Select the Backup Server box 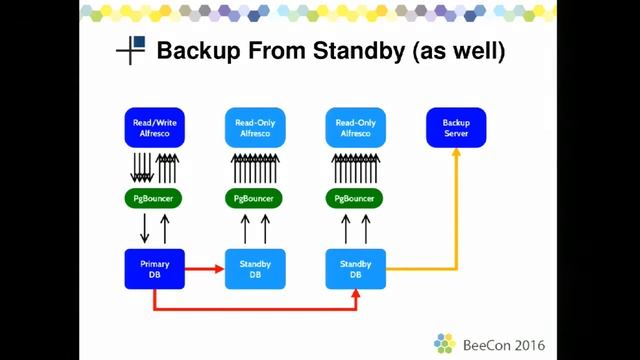pyautogui.click(x=456, y=128)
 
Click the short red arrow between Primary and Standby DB pyautogui.click(x=205, y=269)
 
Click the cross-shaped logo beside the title pyautogui.click(x=131, y=50)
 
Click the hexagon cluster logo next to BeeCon pyautogui.click(x=445, y=343)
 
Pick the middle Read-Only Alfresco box pyautogui.click(x=255, y=128)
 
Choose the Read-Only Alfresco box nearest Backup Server pyautogui.click(x=356, y=128)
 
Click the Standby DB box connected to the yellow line pyautogui.click(x=356, y=269)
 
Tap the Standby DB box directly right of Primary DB pyautogui.click(x=255, y=269)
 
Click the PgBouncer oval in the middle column pyautogui.click(x=255, y=198)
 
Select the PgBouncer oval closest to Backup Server pyautogui.click(x=356, y=198)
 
